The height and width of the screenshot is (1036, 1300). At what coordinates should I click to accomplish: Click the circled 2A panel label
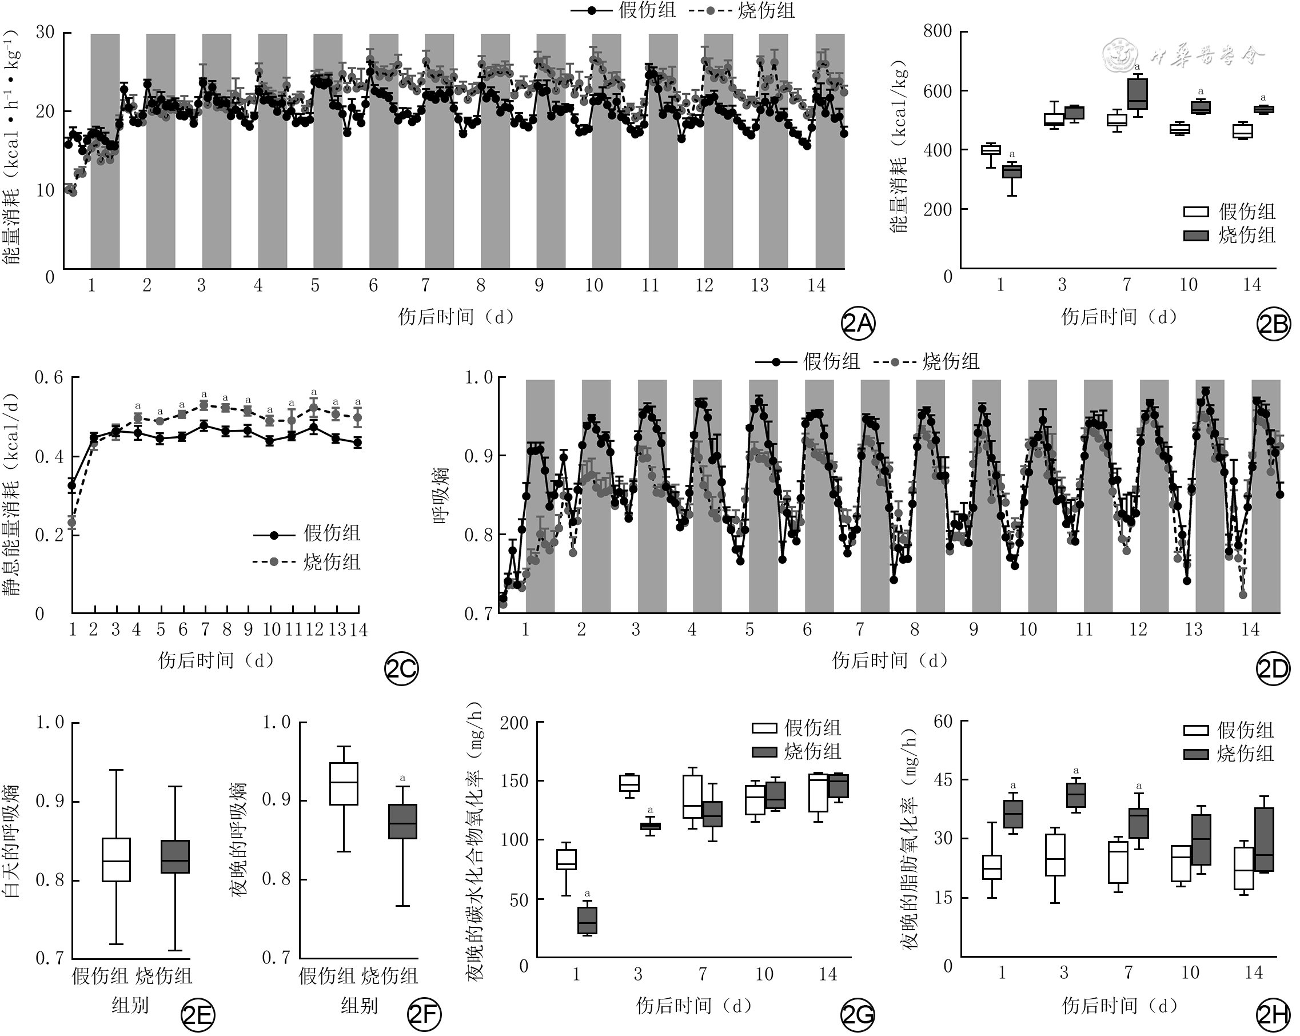[858, 324]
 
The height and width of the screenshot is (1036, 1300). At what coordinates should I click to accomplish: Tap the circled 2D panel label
[1273, 669]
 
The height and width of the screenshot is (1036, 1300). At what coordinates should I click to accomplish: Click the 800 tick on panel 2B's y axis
[938, 31]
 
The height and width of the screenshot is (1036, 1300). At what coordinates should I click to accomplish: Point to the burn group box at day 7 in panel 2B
[1137, 94]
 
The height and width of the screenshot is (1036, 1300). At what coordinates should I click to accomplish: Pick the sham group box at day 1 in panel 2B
[991, 150]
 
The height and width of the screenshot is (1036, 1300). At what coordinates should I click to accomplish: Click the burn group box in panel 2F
[403, 822]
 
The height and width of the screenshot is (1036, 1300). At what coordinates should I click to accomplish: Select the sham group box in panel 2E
[117, 860]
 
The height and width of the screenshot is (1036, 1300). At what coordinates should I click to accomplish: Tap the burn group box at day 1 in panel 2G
[587, 920]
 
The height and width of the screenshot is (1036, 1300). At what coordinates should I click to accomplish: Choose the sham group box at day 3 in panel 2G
[629, 783]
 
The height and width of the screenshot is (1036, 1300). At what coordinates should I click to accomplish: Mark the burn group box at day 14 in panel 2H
[1264, 839]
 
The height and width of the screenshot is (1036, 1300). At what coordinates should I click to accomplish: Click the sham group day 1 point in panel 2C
[73, 485]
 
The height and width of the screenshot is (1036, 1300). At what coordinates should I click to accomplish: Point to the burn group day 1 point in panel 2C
[73, 522]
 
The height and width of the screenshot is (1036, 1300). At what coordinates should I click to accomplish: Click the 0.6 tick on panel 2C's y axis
[49, 378]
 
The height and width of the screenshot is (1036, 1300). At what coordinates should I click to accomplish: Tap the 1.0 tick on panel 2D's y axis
[478, 378]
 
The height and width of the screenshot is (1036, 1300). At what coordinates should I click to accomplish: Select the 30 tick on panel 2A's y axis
[45, 32]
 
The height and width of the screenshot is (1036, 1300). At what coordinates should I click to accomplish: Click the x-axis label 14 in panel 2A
[816, 285]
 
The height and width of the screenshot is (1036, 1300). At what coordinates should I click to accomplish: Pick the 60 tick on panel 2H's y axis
[943, 721]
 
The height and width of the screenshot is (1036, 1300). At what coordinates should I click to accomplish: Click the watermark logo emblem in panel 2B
[1120, 56]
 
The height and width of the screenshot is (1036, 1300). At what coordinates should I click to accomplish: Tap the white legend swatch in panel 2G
[764, 728]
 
